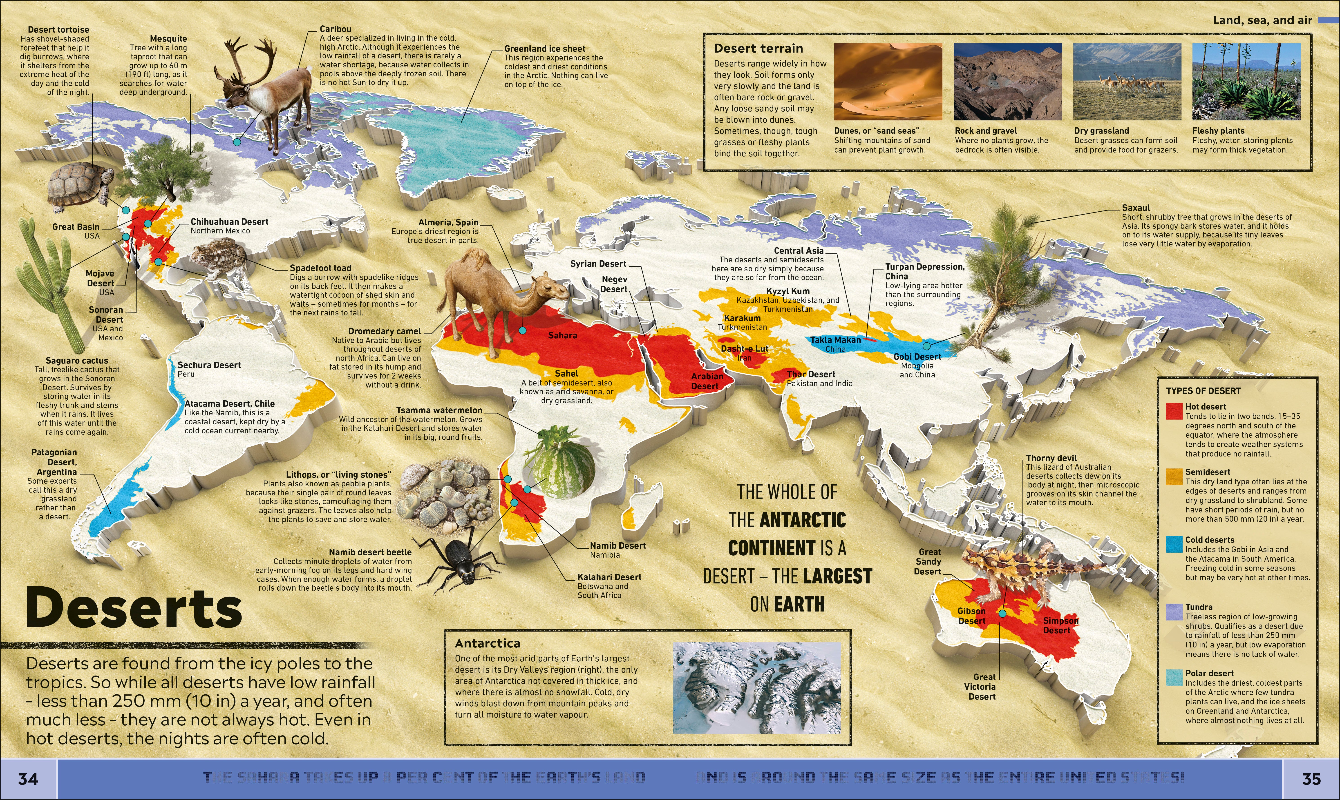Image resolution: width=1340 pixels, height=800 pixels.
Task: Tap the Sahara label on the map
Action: coord(562,335)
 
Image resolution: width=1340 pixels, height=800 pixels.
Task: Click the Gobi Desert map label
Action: coord(917,357)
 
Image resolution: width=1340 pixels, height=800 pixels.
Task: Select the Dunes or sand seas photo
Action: coord(888,82)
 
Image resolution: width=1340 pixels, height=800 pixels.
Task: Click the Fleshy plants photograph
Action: coord(1246,82)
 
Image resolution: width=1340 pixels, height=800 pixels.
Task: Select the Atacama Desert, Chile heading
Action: coord(229,404)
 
